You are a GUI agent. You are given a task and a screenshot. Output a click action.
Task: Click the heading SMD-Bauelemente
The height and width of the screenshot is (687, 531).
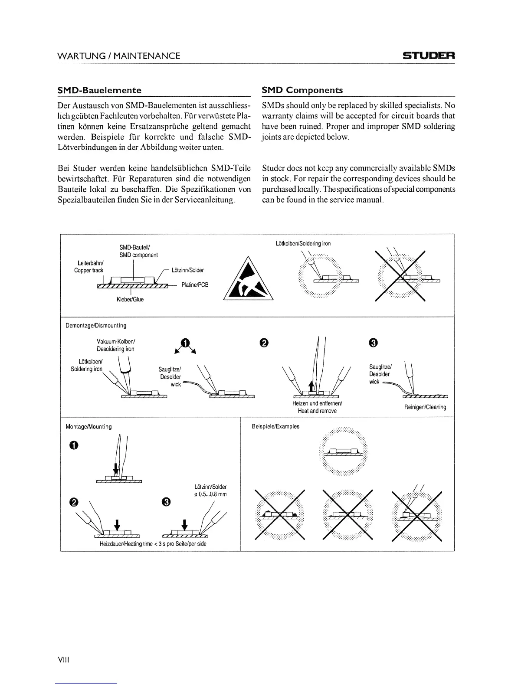99,90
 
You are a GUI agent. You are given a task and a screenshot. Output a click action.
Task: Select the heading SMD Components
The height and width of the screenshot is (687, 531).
302,90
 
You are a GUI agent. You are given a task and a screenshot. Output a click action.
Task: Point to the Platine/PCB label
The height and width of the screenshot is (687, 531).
194,285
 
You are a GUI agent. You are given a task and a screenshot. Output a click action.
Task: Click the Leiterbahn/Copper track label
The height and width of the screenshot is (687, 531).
88,267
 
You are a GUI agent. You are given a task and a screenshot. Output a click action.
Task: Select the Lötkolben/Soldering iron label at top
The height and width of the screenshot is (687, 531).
303,243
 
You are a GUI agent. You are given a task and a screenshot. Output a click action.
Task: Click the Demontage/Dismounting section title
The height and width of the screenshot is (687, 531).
96,325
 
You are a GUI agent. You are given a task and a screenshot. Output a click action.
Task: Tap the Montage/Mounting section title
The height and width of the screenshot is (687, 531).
88,426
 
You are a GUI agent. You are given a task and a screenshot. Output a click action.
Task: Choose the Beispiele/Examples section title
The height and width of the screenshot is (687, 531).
275,426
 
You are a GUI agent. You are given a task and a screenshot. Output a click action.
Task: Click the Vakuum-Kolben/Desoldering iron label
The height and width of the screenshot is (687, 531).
115,345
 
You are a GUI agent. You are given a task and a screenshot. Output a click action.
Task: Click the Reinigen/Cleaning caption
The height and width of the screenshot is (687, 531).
425,407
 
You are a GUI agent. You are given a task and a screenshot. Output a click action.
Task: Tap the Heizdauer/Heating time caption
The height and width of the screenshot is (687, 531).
153,543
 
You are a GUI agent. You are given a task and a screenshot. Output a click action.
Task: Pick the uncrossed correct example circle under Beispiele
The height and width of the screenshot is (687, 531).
343,451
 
